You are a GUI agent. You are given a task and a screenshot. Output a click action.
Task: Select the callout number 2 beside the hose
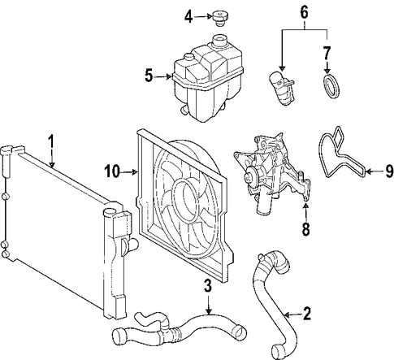coord(306,314)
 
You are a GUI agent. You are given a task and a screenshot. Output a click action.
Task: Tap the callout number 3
coord(208,287)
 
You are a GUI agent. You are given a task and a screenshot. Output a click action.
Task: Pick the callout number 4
coord(188,17)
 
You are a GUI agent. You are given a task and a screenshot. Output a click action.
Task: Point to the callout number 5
coord(149,76)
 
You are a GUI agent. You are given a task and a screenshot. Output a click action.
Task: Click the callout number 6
coord(304,13)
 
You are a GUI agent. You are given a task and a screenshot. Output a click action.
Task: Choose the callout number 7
coord(327,53)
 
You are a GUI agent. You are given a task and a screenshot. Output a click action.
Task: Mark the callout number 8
coord(305,229)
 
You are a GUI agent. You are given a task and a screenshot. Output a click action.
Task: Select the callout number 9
coord(388,171)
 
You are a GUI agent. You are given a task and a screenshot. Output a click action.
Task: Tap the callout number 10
coord(112,171)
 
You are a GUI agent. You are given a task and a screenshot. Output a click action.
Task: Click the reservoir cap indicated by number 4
coord(219,18)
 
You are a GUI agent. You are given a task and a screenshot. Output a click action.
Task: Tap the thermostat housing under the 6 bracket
coord(282,88)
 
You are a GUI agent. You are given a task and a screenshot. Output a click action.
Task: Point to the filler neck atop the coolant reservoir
coord(219,41)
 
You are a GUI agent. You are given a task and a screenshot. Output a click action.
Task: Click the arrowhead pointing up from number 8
coord(305,206)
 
